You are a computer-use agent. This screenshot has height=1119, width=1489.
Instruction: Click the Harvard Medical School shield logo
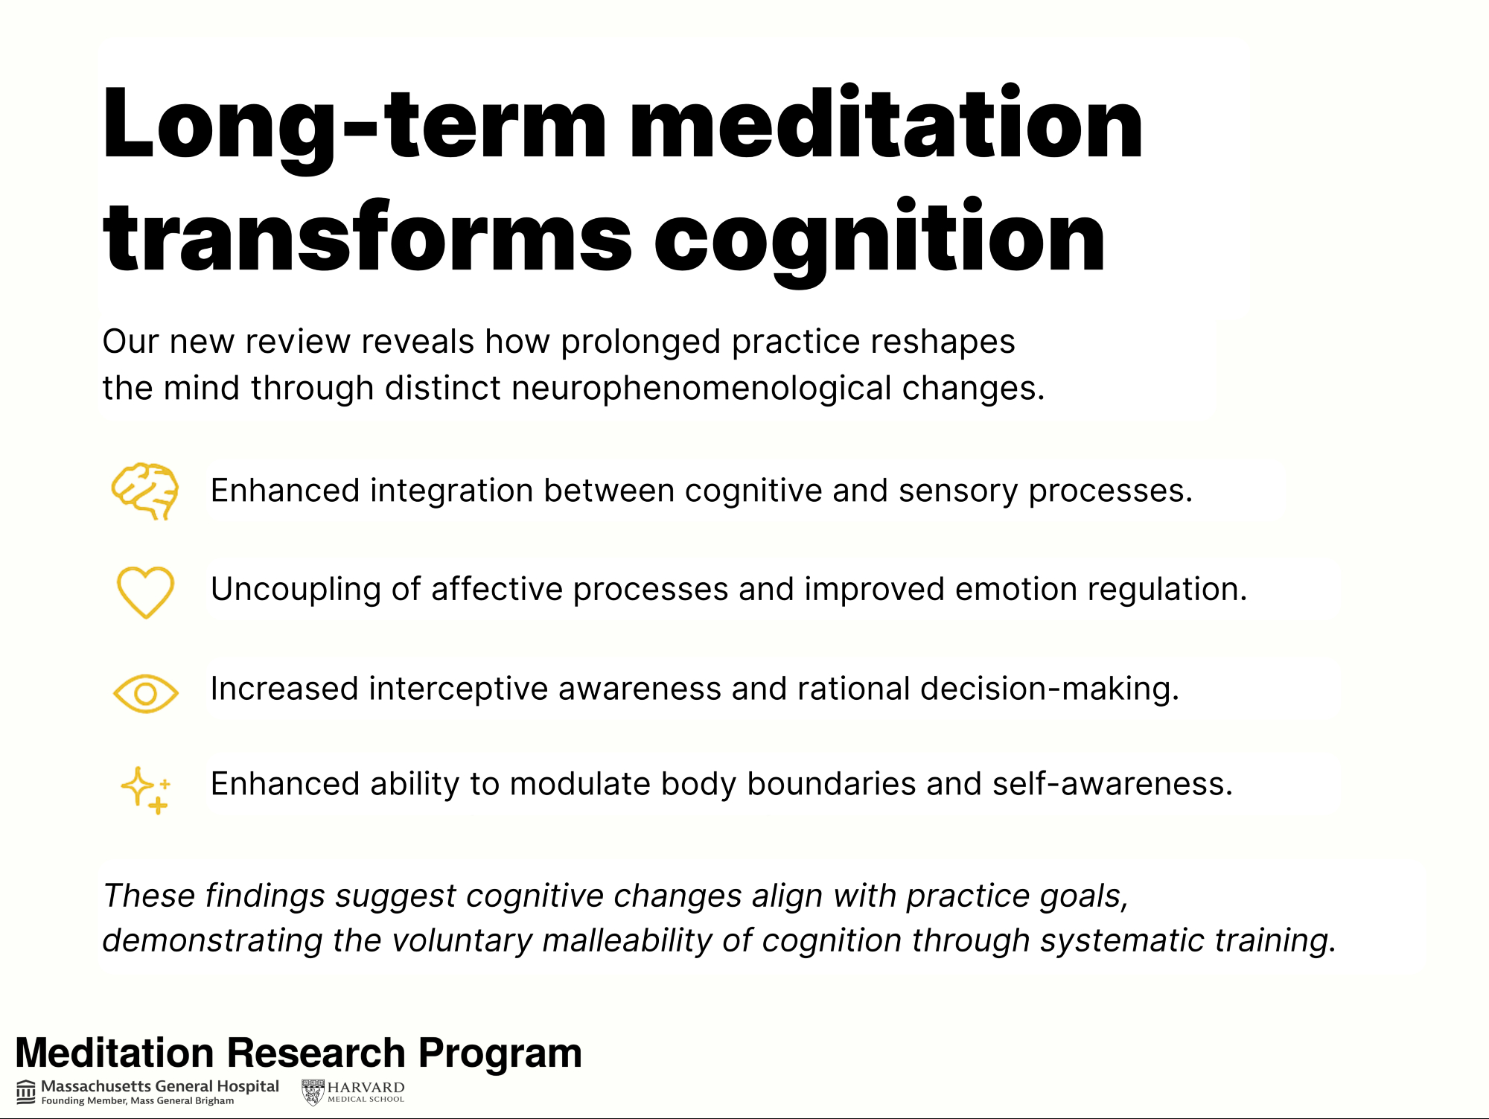pyautogui.click(x=313, y=1092)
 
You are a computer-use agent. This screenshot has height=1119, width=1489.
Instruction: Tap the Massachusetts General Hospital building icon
pyautogui.click(x=26, y=1091)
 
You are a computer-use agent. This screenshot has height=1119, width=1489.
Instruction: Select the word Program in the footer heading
pyautogui.click(x=500, y=1053)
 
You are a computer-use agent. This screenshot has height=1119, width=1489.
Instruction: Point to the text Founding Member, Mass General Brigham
pyautogui.click(x=138, y=1101)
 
